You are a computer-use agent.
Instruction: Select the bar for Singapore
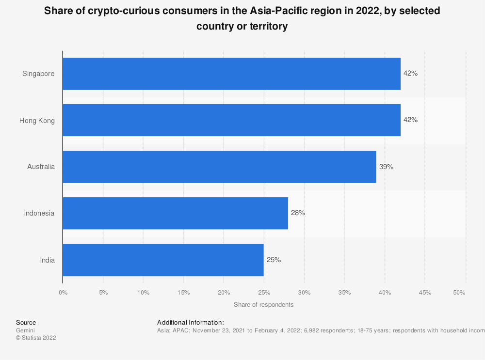[x=231, y=74]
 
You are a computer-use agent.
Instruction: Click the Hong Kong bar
[x=231, y=120]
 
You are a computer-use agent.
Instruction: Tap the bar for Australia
[x=219, y=167]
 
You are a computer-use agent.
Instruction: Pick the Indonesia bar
[x=175, y=213]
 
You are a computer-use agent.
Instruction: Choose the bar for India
[x=163, y=260]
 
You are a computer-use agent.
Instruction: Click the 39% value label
[x=386, y=167]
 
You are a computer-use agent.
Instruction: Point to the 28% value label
[x=298, y=213]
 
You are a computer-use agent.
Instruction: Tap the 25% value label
[x=274, y=260]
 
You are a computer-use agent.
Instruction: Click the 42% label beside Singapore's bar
[x=410, y=74]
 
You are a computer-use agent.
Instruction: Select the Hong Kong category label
[x=37, y=120]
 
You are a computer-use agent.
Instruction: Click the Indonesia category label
[x=39, y=213]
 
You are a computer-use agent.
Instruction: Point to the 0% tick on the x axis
[x=63, y=293]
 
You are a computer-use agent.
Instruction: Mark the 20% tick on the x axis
[x=224, y=293]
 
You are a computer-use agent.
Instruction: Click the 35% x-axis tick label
[x=344, y=293]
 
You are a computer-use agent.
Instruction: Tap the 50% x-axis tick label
[x=459, y=293]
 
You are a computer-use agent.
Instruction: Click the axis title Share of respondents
[x=263, y=305]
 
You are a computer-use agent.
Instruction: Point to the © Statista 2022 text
[x=36, y=338]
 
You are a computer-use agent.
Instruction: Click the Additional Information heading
[x=191, y=322]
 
